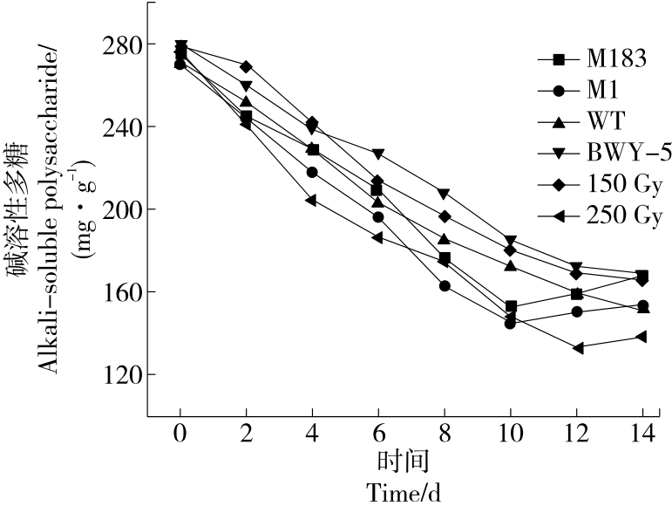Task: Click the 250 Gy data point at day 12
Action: point(577,347)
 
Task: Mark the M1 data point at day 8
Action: point(445,285)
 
